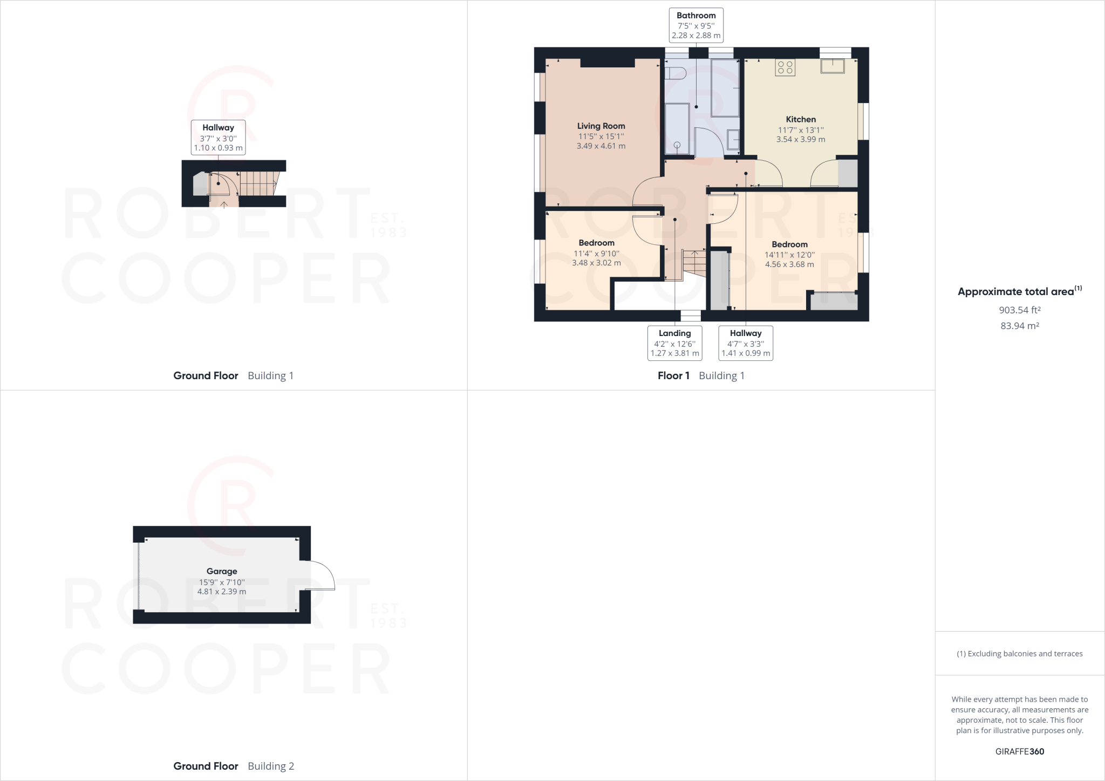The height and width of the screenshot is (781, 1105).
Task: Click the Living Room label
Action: [x=601, y=126]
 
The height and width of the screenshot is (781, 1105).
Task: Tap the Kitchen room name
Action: [x=801, y=119]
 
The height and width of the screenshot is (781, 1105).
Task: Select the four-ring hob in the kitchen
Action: [x=785, y=67]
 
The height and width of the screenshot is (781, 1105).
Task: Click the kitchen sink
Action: [x=833, y=66]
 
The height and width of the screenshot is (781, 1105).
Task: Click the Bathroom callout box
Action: [x=696, y=25]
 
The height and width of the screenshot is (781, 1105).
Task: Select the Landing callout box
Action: [x=675, y=343]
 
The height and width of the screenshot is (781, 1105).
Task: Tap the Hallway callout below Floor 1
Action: [x=746, y=343]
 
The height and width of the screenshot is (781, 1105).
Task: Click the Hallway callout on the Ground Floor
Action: [x=218, y=138]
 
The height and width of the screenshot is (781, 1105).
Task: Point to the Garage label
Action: [x=222, y=571]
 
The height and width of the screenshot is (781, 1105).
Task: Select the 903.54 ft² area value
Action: [x=1020, y=310]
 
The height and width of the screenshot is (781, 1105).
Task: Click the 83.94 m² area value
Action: [x=1020, y=326]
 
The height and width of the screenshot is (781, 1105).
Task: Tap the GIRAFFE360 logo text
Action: [x=1020, y=751]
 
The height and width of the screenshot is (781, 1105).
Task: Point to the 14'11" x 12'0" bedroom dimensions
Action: [x=789, y=255]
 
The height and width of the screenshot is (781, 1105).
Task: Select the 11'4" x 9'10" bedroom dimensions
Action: [x=596, y=254]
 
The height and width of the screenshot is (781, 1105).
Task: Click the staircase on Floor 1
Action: [x=694, y=264]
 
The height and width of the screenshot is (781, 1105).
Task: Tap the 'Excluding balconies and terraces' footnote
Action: [x=1020, y=654]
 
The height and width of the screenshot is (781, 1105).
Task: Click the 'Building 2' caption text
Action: [x=271, y=766]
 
